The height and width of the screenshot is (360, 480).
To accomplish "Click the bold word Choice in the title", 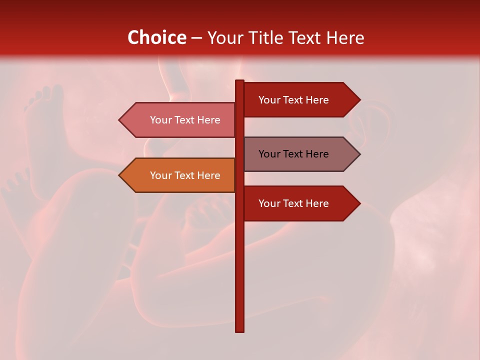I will click(156, 38).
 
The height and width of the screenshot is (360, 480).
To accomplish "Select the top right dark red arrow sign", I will click(295, 99).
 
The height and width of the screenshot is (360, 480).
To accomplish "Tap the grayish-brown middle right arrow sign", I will click(295, 154).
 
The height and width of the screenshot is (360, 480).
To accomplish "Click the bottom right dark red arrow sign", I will click(295, 203).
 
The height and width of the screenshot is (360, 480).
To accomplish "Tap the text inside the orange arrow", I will click(185, 175).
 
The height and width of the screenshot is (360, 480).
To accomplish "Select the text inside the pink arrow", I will click(185, 120).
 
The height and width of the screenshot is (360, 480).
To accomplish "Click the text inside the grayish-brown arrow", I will click(293, 154).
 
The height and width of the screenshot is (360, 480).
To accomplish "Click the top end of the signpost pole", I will click(239, 81).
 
